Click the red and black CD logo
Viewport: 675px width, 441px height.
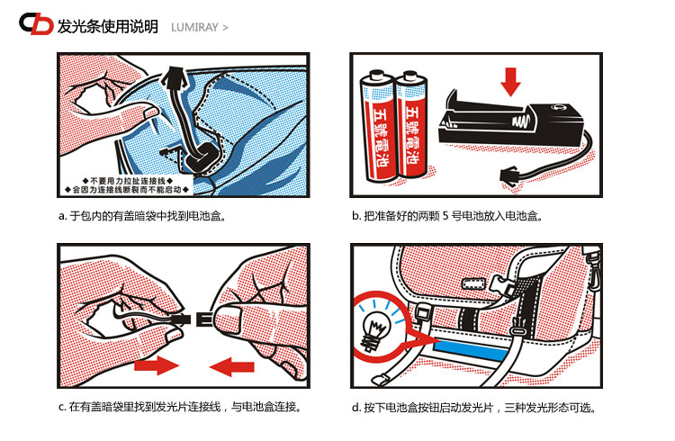pos(36,23)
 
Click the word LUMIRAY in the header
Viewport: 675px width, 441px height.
pos(194,28)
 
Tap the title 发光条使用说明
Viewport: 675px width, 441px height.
pos(108,27)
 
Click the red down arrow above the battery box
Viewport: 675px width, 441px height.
pos(510,81)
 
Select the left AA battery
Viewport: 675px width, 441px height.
pos(377,126)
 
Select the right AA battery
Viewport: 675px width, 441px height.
pos(411,124)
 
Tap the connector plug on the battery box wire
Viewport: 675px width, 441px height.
pos(510,176)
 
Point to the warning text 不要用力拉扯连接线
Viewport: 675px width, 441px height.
pos(128,181)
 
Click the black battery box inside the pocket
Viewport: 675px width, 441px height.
pos(203,157)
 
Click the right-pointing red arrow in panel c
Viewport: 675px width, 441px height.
pos(157,365)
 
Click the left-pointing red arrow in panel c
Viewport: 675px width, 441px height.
pos(231,366)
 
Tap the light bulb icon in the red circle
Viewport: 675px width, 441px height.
pos(375,330)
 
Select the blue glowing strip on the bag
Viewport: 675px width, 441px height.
pos(472,349)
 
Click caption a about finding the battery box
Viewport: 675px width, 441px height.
pos(142,216)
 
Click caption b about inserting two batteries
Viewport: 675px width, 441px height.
pos(446,216)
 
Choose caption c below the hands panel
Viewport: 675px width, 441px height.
pos(179,407)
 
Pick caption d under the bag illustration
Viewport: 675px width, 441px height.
pos(474,408)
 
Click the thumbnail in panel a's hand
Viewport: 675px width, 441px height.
pos(150,112)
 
